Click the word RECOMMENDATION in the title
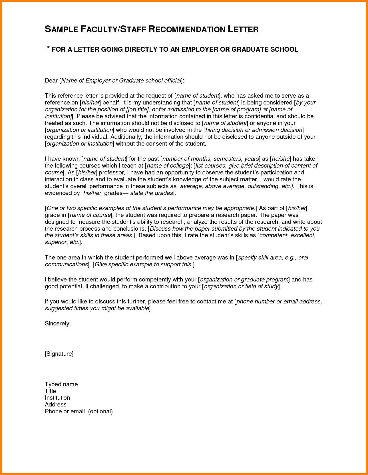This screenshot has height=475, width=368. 187,29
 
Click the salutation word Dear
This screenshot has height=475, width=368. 51,80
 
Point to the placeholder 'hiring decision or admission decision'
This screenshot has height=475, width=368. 254,130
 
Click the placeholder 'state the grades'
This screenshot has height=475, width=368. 152,193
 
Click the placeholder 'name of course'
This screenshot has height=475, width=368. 90,215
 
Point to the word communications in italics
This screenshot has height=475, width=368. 66,264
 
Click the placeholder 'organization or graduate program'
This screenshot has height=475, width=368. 244,279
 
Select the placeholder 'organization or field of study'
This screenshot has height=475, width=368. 241,286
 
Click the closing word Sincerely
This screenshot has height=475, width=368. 57,323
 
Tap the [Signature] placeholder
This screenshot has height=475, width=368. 59,354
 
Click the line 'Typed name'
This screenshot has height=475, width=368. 61,384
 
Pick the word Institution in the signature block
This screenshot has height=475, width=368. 57,398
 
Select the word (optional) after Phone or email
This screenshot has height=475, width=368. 100,411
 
